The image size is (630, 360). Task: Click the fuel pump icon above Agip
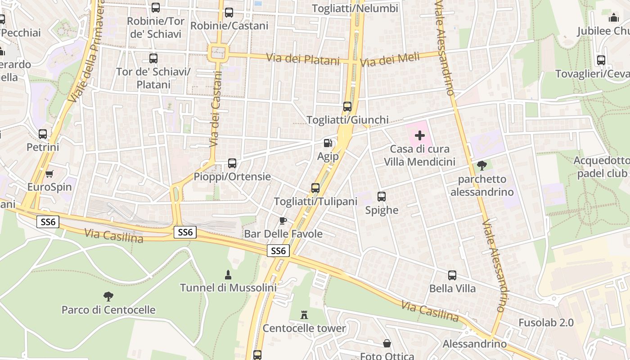328,143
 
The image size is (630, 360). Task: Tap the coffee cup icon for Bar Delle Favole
283,220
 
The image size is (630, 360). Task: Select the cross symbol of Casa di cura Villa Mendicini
420,135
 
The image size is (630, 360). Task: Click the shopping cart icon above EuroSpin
49,174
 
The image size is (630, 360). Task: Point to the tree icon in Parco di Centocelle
108,296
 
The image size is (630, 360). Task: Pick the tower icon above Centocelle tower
304,315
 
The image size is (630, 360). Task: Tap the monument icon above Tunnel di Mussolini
228,274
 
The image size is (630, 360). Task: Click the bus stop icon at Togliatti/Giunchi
347,107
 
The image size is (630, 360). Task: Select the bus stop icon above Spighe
382,197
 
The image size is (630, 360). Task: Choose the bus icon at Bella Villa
452,275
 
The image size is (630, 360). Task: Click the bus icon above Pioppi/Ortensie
232,163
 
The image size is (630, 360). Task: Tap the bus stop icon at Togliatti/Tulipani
315,188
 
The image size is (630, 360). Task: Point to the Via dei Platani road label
302,59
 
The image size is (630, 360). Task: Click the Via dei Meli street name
390,59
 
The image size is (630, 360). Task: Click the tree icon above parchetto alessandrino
481,166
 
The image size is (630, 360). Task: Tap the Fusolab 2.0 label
546,323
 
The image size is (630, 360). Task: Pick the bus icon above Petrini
43,134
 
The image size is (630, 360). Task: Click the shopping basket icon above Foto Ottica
387,344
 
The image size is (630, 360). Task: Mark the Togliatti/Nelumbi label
355,9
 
